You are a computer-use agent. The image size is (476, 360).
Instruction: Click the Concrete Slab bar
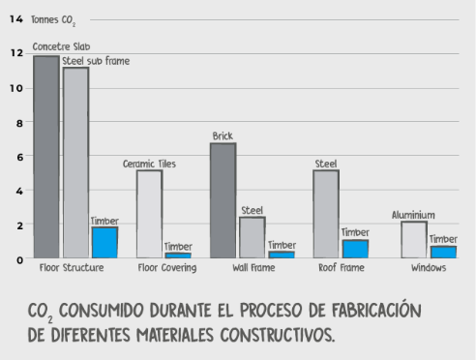(46, 156)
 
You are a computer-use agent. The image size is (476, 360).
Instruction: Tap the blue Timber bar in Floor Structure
(104, 241)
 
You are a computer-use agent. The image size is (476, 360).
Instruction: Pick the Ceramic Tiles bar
(149, 213)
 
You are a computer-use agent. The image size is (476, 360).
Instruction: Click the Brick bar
(223, 199)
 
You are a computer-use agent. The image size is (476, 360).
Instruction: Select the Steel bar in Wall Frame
(252, 236)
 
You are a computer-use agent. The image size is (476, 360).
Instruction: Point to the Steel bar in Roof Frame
(326, 213)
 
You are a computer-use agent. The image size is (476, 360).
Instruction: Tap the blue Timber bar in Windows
(443, 251)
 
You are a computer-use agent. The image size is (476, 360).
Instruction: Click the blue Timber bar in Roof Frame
(355, 247)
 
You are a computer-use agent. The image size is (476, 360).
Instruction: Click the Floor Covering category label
(167, 268)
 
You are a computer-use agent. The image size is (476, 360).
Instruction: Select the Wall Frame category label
(253, 268)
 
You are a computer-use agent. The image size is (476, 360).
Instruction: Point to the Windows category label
(428, 268)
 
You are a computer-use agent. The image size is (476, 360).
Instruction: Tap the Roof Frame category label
(341, 268)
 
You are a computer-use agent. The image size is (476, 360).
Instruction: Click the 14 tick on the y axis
(15, 18)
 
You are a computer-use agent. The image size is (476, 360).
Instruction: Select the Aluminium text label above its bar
(413, 215)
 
